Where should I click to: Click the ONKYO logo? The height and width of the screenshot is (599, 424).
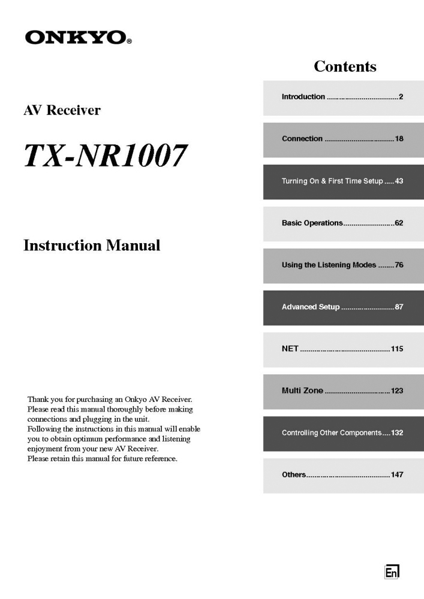coord(78,38)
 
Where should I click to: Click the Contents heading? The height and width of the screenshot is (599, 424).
coord(345,66)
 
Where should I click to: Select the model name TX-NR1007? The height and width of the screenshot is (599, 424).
coord(104,155)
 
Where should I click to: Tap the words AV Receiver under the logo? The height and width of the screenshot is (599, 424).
coord(62,110)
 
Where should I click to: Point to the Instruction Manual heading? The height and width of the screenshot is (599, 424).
coord(92,246)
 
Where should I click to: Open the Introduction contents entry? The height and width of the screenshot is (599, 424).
coord(303,97)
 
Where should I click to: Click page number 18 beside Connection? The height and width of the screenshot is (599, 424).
coord(399,139)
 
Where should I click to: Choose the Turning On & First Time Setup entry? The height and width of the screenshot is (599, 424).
coord(332,181)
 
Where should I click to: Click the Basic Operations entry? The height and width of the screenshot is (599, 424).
coord(312,223)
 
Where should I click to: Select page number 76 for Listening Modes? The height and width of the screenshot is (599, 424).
coord(399,265)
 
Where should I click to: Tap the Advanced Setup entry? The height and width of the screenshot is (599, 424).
coord(311,307)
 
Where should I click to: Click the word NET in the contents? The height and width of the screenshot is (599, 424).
coord(290,349)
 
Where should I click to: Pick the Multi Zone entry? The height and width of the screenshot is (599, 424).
coord(302,391)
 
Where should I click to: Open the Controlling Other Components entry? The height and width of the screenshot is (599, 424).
coord(331,432)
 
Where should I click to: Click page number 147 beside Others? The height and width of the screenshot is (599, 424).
coord(397,474)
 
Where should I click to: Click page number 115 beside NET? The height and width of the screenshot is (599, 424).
coord(397,349)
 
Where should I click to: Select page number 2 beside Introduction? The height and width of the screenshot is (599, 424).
coord(401,97)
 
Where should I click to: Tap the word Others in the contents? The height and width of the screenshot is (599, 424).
coord(294,474)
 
